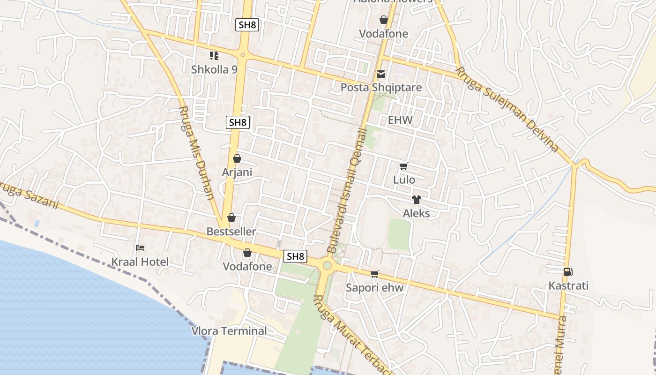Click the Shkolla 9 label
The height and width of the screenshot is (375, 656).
click(214, 69)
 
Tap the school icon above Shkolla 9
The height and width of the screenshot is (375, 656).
click(214, 56)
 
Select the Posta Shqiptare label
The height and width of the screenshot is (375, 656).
click(381, 88)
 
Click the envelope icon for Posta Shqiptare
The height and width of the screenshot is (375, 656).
click(381, 74)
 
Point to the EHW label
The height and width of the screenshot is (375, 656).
click(400, 120)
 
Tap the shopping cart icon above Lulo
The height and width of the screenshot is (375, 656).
click(403, 166)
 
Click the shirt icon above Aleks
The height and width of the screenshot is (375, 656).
click(416, 200)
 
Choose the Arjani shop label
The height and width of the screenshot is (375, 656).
click(237, 172)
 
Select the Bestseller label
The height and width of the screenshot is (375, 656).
click(231, 232)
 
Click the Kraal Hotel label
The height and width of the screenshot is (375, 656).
click(140, 262)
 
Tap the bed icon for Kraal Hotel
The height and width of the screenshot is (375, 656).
click(140, 248)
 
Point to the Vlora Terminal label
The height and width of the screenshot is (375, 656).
click(229, 331)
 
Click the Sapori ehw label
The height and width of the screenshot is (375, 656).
click(374, 288)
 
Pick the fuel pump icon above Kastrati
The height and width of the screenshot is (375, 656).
click(568, 272)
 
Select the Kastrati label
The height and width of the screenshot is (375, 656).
click(568, 286)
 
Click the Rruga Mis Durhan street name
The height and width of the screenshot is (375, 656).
click(197, 153)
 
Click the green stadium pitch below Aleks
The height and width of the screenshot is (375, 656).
click(399, 234)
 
